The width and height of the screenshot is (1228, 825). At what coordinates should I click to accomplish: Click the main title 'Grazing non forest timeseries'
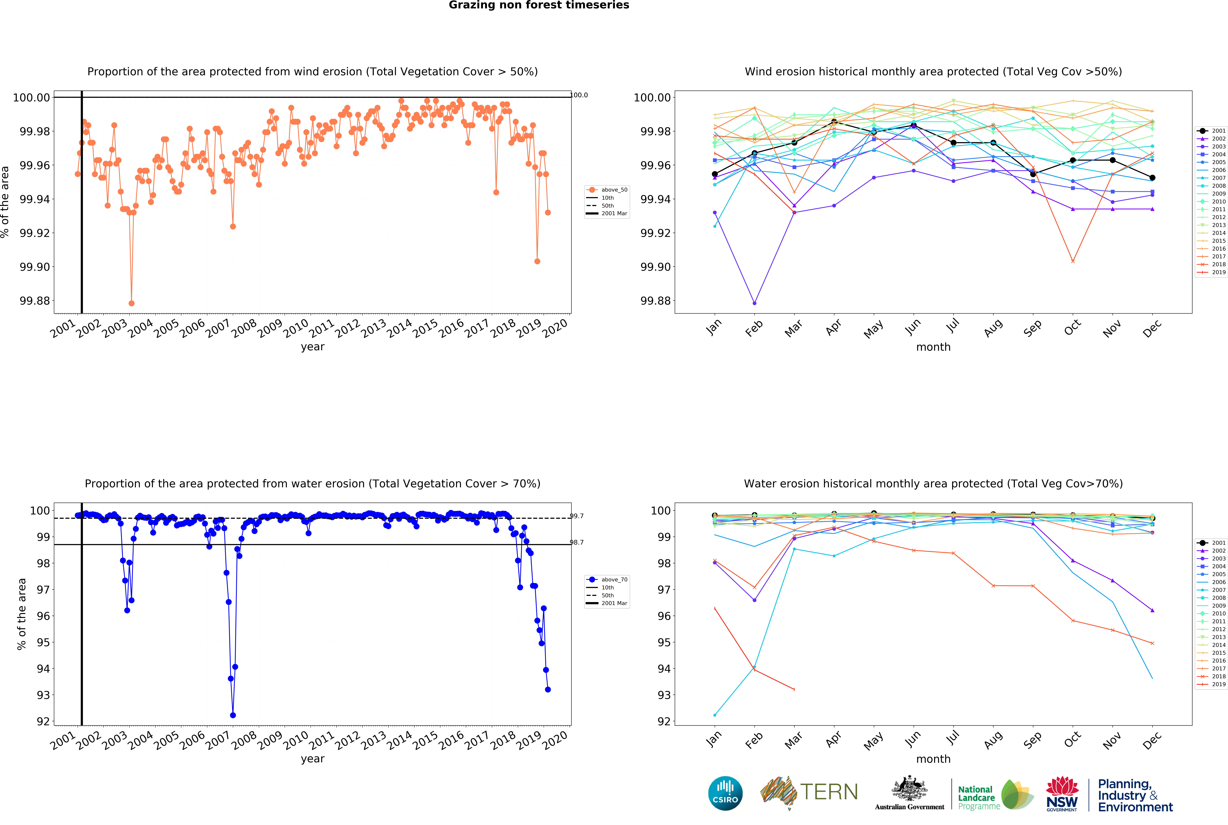pos(539,5)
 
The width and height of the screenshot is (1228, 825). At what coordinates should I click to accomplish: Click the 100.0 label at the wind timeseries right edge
pos(579,95)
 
